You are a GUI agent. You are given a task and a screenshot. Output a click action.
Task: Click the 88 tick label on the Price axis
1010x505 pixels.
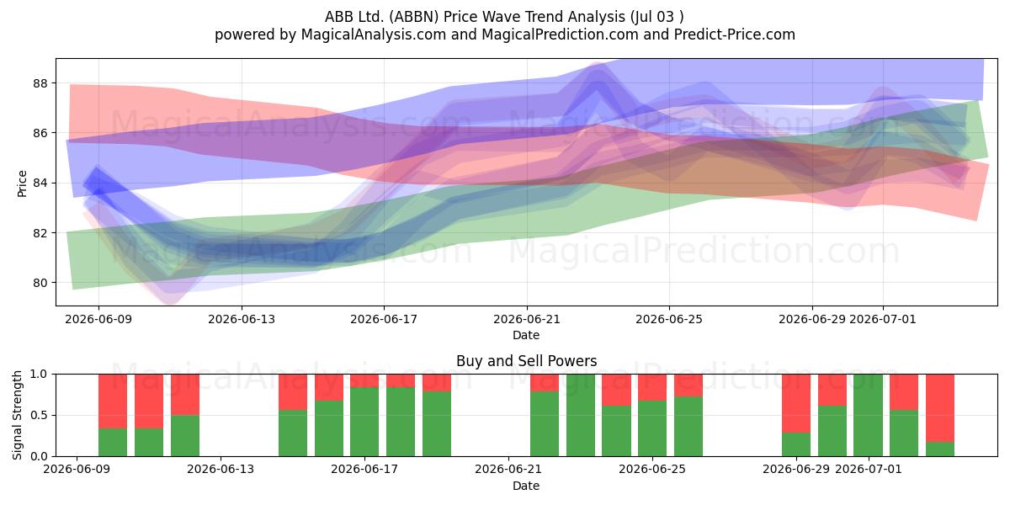click(40, 83)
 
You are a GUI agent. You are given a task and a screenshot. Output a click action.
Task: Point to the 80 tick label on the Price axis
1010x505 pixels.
click(40, 283)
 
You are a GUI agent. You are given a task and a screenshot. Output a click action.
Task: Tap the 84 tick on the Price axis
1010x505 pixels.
click(40, 183)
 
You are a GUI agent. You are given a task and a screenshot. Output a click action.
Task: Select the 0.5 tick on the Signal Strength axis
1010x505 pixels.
click(39, 415)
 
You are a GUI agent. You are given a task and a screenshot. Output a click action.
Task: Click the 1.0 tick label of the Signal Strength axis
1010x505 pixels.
click(39, 375)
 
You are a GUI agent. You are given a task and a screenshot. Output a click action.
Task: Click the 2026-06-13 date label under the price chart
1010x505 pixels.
click(242, 320)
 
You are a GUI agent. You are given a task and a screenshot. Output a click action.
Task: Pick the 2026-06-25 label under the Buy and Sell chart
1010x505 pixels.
click(652, 470)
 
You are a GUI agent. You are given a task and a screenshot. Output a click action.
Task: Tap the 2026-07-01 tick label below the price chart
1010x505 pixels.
click(882, 320)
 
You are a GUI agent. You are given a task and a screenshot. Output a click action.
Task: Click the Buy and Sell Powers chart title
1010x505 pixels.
click(526, 361)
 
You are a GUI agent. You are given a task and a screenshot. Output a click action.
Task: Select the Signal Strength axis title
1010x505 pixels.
click(17, 415)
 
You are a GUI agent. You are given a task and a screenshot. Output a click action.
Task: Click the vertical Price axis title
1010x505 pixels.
click(22, 183)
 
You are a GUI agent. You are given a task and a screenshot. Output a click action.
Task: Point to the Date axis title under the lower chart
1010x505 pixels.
click(526, 486)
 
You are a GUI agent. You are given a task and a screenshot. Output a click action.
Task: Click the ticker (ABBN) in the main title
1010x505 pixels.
click(414, 17)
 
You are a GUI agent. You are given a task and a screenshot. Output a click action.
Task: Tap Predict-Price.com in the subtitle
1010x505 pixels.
click(735, 35)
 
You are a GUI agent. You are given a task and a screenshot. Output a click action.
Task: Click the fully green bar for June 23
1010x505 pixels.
click(580, 415)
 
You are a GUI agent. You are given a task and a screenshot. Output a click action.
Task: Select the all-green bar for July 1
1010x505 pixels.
click(868, 415)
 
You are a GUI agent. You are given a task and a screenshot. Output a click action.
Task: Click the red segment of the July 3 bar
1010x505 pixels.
click(940, 408)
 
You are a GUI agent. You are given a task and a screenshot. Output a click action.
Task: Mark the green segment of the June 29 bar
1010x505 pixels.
click(796, 444)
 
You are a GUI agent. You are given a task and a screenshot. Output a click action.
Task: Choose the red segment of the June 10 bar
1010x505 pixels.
click(149, 401)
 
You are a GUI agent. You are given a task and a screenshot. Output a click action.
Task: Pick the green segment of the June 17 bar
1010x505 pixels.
click(364, 422)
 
